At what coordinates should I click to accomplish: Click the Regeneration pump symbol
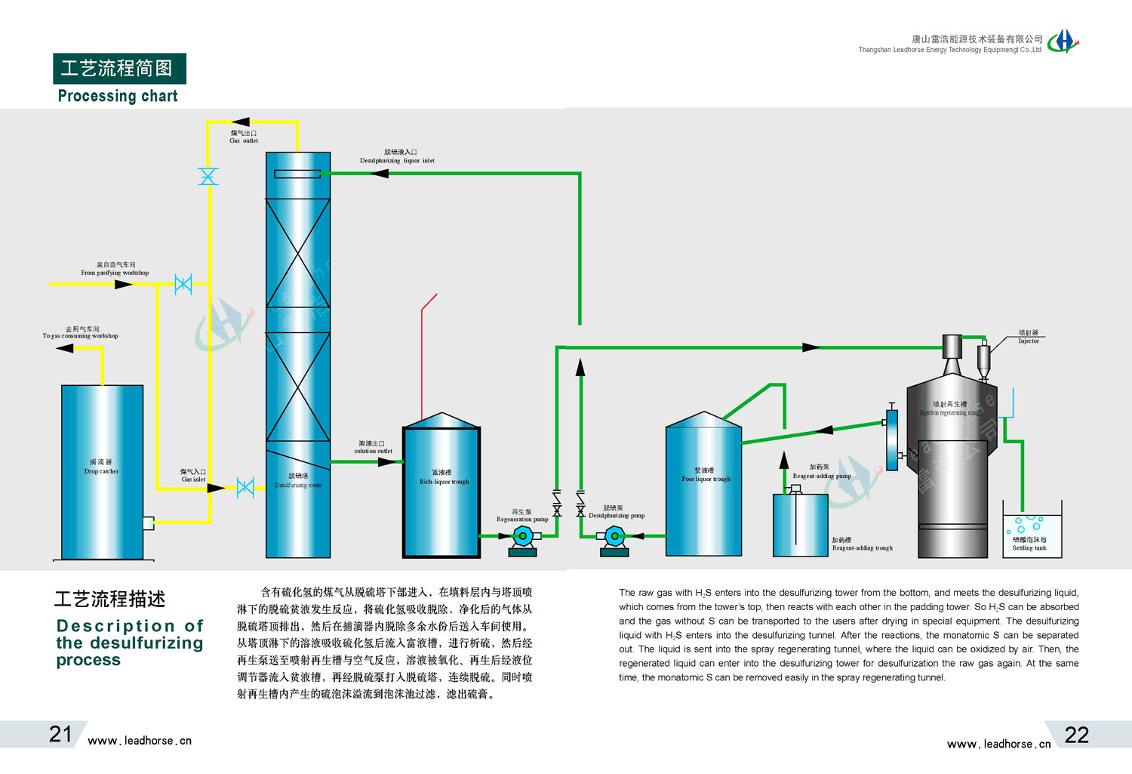(522, 537)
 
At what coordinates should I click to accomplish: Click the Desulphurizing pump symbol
(614, 537)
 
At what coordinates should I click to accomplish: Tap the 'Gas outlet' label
(244, 137)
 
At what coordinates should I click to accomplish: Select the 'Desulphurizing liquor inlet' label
(397, 157)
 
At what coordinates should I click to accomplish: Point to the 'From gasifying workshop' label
(115, 269)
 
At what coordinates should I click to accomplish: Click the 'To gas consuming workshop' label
(81, 333)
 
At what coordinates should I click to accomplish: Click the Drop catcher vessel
(102, 472)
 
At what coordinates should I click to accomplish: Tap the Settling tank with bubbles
(1032, 532)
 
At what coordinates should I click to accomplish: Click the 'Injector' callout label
(1029, 337)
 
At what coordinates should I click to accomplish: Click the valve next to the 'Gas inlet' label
(245, 488)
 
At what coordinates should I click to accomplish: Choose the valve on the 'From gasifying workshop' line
(183, 284)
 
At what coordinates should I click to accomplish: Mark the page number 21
(60, 734)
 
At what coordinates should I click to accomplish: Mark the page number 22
(1077, 735)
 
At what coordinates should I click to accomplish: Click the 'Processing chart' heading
(118, 96)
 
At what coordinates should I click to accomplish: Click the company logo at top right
(1063, 41)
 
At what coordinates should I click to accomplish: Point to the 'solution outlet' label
(373, 447)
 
